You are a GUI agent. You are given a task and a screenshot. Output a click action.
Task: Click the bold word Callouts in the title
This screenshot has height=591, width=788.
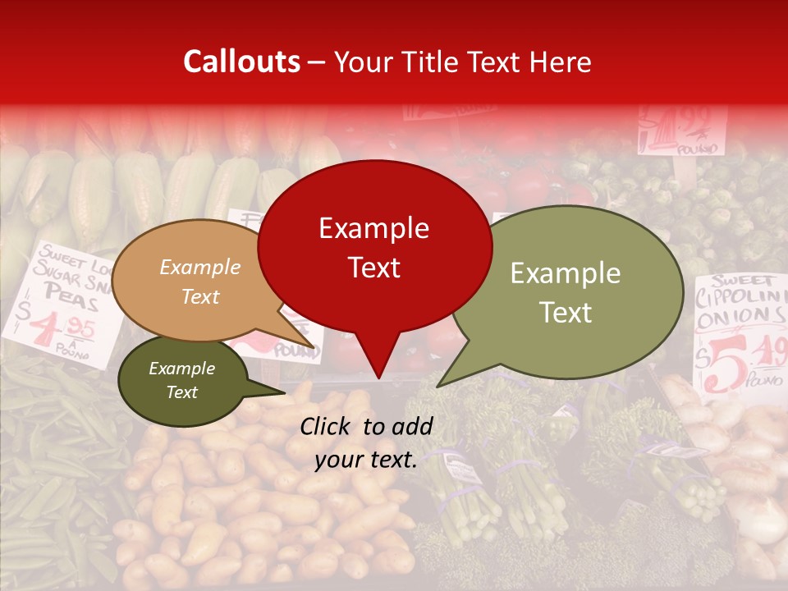click(x=241, y=62)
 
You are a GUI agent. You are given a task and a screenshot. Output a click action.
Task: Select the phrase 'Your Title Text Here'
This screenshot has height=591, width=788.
click(x=462, y=62)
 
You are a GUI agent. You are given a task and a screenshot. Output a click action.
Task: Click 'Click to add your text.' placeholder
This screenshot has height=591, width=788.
click(x=366, y=442)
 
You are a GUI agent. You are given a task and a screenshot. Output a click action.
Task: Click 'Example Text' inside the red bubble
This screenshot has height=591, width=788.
click(x=374, y=247)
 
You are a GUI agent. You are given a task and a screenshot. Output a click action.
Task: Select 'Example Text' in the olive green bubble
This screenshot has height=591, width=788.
click(x=566, y=292)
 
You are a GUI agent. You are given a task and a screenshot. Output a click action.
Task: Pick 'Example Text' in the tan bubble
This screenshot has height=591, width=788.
click(x=200, y=282)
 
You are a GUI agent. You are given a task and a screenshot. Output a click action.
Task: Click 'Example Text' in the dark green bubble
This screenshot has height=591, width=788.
click(x=182, y=380)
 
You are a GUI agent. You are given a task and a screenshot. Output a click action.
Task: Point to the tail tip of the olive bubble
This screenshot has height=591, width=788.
click(x=439, y=385)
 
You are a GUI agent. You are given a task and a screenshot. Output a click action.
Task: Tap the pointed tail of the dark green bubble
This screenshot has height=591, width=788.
click(x=283, y=392)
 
